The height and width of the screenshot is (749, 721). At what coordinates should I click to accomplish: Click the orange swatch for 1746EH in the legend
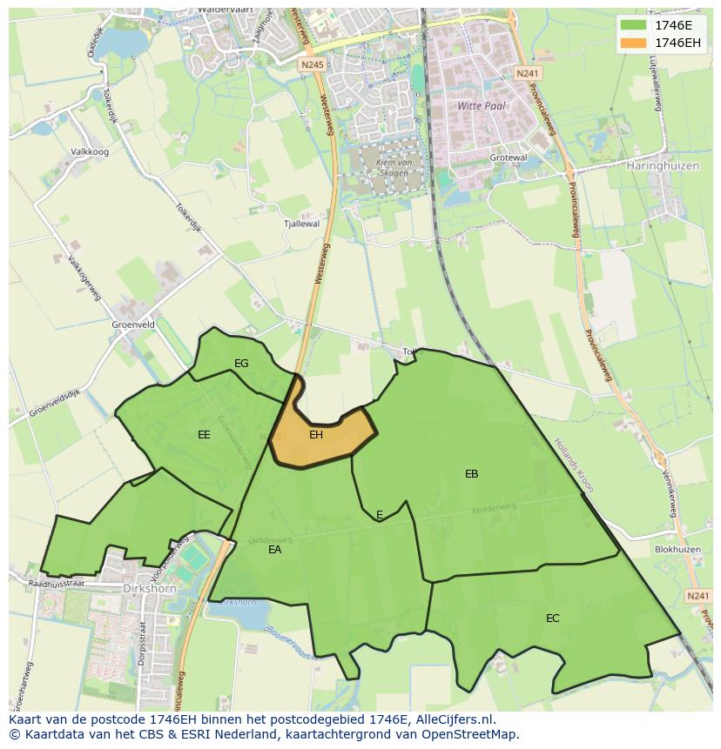coord(633,43)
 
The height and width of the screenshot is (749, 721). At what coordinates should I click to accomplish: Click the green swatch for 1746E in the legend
coord(633,24)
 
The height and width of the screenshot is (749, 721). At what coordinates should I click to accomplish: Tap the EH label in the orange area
coord(316,434)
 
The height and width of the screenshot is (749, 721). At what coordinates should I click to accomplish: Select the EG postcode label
coord(241,363)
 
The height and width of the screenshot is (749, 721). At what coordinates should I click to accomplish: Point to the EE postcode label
coord(204,434)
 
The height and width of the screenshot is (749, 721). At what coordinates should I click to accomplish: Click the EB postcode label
coord(471,474)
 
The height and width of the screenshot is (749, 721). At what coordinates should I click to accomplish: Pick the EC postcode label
coord(552,619)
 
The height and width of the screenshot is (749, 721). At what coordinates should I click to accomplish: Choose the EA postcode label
coord(274,550)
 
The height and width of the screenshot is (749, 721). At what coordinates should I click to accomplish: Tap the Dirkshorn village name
coord(149,588)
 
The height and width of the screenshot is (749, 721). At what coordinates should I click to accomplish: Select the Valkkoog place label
coord(90,151)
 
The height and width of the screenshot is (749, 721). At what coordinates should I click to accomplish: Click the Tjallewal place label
coord(301,224)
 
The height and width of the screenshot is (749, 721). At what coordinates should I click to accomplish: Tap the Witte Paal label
coord(482,105)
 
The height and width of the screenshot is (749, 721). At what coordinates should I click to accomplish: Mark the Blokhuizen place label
coord(677,550)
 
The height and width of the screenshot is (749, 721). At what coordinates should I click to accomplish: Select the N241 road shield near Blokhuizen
coord(697,596)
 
